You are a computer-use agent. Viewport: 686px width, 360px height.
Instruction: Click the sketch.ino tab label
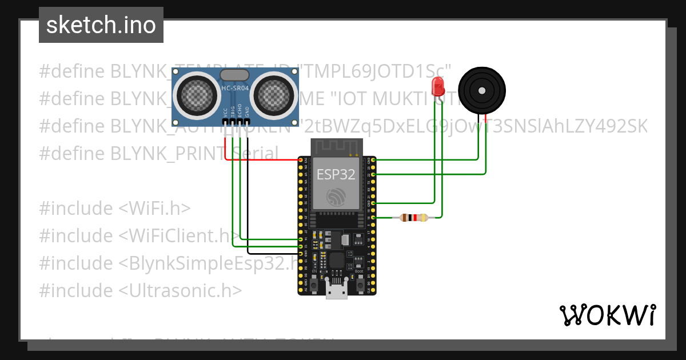pos(101,25)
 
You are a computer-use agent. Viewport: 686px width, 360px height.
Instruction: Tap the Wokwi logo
pos(607,315)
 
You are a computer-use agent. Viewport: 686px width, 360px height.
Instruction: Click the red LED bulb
pos(438,87)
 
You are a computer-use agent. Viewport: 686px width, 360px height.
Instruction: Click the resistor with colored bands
pos(413,217)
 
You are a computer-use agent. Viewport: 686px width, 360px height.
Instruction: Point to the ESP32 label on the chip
pos(336,174)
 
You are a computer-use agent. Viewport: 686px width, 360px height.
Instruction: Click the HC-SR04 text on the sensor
pos(235,89)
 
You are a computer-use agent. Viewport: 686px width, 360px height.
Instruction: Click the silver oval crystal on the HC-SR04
pos(234,74)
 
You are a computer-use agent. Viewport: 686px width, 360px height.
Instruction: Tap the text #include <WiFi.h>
pos(115,208)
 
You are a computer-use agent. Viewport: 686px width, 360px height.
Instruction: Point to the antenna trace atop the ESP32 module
pos(336,147)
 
